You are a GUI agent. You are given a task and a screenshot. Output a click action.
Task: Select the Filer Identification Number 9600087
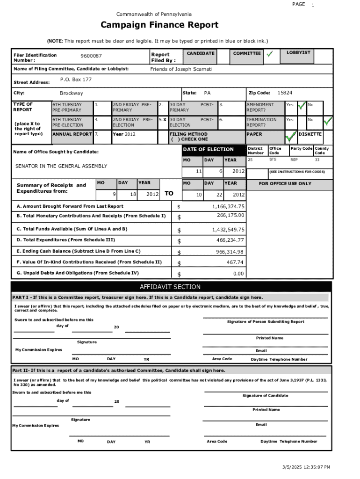tap(91, 56)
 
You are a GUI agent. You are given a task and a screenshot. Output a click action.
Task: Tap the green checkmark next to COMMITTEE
tap(270, 55)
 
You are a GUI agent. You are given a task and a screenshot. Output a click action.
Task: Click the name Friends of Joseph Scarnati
tap(181, 69)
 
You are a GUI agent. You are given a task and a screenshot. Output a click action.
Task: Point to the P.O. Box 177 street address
tap(76, 80)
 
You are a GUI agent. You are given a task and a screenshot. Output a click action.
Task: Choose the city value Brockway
tap(71, 93)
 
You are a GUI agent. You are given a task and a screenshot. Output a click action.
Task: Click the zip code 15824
tap(285, 93)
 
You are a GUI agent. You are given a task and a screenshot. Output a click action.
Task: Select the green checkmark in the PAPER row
tap(291, 137)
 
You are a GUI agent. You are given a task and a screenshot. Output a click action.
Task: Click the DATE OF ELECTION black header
tap(208, 149)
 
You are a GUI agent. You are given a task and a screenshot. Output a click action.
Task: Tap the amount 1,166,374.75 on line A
tap(228, 206)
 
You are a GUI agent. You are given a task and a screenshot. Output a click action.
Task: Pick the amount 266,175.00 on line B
tap(230, 215)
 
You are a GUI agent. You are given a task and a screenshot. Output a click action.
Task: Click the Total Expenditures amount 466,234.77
tap(230, 240)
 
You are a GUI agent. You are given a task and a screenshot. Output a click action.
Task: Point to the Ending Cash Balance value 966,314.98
tap(230, 252)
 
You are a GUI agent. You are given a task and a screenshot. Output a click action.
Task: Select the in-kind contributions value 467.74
tap(235, 262)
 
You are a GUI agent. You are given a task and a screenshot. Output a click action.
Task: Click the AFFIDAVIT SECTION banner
tap(170, 287)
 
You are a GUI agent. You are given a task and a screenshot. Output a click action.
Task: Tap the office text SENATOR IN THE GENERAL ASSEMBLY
tap(61, 166)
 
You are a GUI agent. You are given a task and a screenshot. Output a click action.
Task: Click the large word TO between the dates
tap(169, 193)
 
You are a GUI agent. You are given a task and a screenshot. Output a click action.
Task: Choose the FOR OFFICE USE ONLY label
tap(285, 183)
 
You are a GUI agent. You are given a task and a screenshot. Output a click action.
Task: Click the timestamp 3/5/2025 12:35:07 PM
tap(306, 467)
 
